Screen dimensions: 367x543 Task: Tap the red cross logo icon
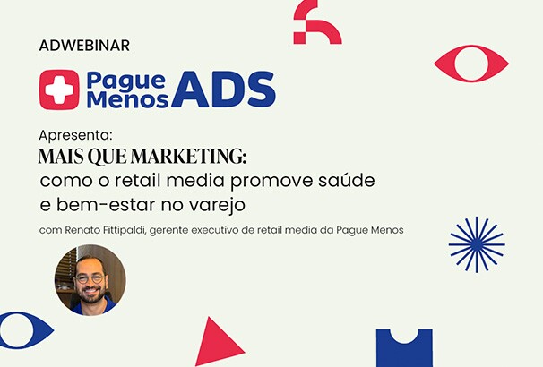[x=58, y=90]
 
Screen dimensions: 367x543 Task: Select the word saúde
[x=347, y=180]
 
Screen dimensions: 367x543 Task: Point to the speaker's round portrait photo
[x=90, y=279]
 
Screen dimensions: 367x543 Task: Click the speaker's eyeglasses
[x=90, y=277]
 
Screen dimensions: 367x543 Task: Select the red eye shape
[x=471, y=64]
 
